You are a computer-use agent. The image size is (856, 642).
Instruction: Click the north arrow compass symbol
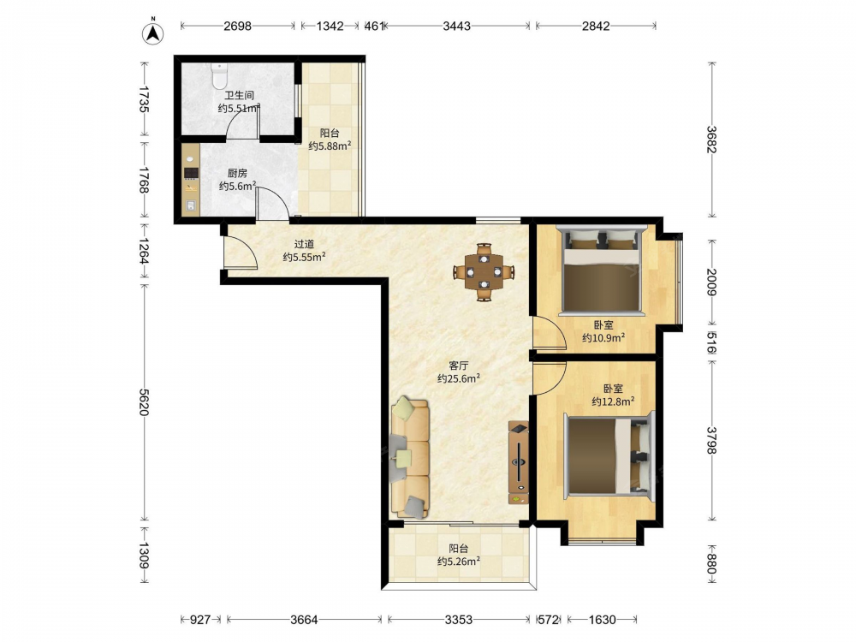click(153, 33)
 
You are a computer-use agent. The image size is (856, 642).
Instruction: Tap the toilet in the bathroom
click(219, 76)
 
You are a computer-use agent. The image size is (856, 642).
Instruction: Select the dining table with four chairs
click(484, 271)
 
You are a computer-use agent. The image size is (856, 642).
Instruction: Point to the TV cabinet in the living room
click(518, 462)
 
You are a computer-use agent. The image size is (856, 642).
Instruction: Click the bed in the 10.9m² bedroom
click(602, 270)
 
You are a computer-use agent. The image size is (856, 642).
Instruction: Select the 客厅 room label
click(459, 366)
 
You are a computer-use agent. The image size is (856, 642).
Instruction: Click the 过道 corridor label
click(304, 244)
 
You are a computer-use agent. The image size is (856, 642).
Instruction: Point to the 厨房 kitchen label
click(237, 173)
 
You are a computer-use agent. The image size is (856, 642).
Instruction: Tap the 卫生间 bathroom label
click(239, 96)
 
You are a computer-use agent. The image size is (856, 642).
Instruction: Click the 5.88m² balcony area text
click(330, 146)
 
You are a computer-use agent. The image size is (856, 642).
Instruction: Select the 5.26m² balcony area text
click(459, 562)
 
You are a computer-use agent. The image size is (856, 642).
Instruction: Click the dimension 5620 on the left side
click(144, 402)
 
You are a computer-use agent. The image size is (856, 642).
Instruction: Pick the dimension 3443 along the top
click(456, 26)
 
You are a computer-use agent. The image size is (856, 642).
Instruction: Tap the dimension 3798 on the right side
click(711, 440)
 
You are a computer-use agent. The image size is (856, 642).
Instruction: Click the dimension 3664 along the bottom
click(304, 620)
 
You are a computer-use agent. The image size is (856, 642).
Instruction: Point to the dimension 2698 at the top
click(237, 26)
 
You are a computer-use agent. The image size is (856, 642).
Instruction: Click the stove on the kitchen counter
click(191, 174)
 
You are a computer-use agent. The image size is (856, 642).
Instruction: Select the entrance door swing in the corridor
click(241, 253)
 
